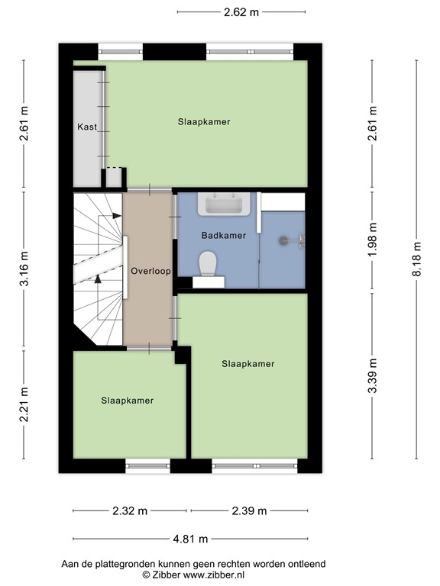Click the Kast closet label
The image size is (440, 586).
87,127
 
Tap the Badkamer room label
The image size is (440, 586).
223,236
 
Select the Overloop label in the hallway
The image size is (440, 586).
150,271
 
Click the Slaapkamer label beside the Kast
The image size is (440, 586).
204,121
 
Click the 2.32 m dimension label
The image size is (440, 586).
129,511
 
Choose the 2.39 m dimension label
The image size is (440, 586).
249,511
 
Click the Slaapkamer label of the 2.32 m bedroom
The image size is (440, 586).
128,401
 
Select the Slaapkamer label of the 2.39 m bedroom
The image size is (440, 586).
247,364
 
